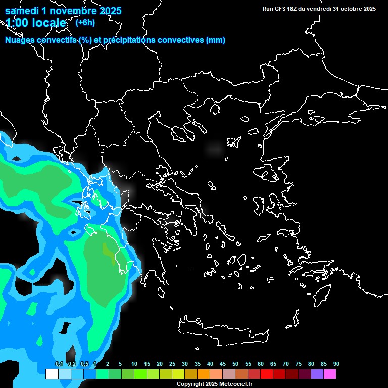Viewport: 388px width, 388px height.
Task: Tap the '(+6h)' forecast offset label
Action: coord(85,22)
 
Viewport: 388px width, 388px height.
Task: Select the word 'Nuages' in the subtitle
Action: coord(20,40)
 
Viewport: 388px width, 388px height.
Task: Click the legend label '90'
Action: coord(336,364)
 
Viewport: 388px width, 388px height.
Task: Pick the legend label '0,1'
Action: coord(59,364)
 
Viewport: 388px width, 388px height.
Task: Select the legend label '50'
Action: coord(235,364)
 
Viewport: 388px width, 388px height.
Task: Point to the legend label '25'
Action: coord(172,364)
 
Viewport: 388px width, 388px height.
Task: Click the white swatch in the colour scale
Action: coord(52,374)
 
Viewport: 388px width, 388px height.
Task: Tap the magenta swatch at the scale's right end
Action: coord(329,374)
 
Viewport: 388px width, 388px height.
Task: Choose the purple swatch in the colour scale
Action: coord(317,374)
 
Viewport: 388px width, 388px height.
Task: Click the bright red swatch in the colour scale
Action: coord(266,374)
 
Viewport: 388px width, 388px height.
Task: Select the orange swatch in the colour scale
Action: coord(203,374)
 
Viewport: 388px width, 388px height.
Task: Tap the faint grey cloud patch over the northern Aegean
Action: coord(215,149)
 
